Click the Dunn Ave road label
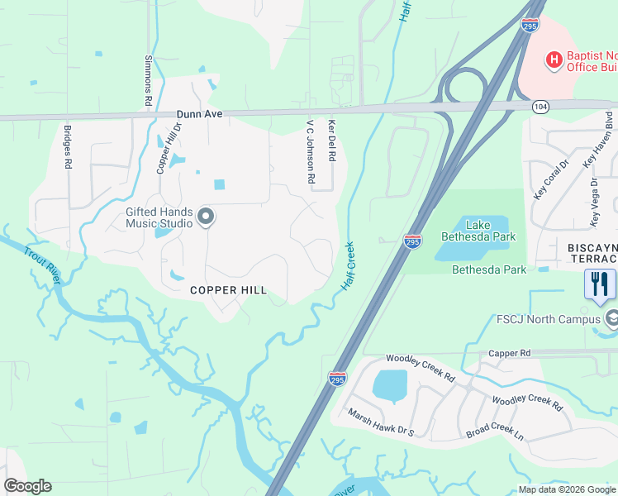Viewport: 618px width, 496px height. coord(199,115)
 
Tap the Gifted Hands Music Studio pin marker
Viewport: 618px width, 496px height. coord(206,217)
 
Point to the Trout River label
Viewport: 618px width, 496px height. coord(41,266)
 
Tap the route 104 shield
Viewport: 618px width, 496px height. coord(540,107)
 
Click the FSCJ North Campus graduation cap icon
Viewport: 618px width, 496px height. coord(612,318)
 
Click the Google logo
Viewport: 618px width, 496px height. coord(27,486)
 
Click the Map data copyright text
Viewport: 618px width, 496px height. coord(566,489)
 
